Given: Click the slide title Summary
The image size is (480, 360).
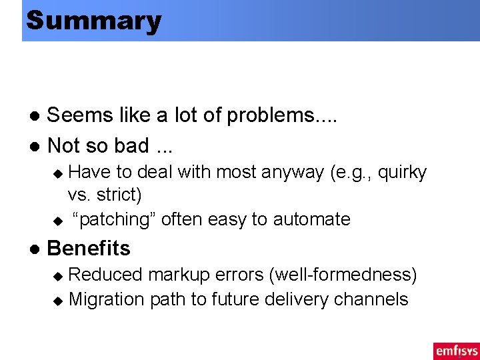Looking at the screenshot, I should (93, 21).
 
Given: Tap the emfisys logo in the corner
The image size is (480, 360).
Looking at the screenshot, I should (456, 351).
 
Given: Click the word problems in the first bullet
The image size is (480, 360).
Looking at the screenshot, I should (283, 115).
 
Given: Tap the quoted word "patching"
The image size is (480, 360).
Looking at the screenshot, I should (114, 219).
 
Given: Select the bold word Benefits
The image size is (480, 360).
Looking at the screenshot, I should (89, 248).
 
